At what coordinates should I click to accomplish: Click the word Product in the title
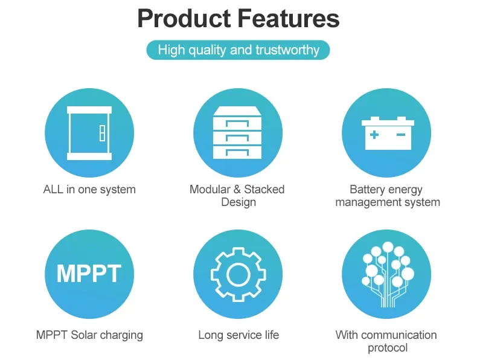point(184,18)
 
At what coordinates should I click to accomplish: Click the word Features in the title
point(289,18)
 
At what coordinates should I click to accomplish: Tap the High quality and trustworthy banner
point(238,50)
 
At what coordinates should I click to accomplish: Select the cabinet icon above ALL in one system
point(89,133)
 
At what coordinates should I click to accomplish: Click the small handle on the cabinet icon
point(103,133)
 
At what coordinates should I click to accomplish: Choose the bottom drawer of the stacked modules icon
point(237,152)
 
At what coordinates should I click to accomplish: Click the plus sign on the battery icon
point(374,135)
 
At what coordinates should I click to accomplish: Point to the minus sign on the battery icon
point(401,135)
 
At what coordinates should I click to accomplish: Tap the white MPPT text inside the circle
point(89,274)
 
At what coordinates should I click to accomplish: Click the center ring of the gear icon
point(238,274)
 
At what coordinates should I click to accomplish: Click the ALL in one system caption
point(89,189)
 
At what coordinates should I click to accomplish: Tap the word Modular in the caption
point(210,189)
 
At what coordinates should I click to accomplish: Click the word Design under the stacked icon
point(238,202)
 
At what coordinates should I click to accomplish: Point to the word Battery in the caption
point(367,189)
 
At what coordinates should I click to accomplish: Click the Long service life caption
point(238,335)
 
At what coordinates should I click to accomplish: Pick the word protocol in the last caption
point(388,348)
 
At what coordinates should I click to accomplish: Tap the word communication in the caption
point(399,335)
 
